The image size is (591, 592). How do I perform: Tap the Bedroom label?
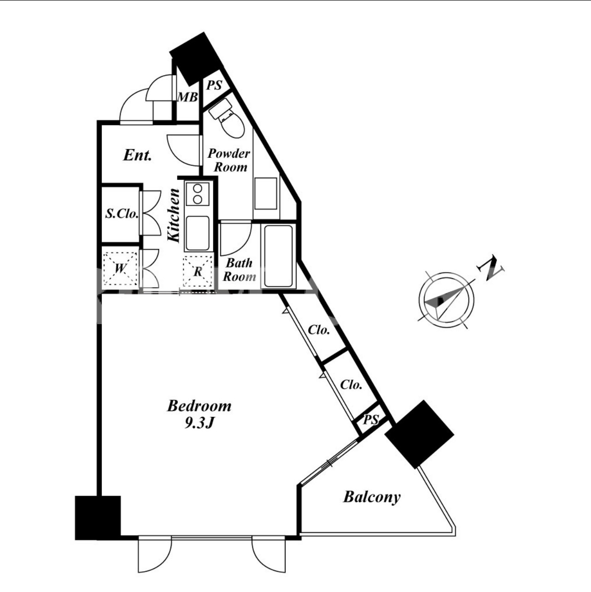tap(199, 406)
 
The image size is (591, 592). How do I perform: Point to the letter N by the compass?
tap(490, 267)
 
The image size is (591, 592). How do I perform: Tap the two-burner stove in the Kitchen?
tap(198, 194)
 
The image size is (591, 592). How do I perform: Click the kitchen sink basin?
tap(198, 233)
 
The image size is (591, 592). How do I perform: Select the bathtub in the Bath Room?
tap(278, 256)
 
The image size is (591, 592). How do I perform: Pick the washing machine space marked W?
tap(120, 269)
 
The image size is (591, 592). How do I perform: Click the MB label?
tap(187, 98)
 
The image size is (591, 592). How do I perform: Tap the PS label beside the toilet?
tap(214, 85)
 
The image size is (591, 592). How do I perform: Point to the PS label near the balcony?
tap(371, 420)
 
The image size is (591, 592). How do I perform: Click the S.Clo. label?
tap(122, 213)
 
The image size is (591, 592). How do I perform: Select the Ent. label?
tap(138, 155)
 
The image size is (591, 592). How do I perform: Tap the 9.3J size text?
tap(199, 423)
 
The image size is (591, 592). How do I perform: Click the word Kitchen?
tap(174, 215)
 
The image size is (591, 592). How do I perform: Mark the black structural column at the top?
tap(196, 59)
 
